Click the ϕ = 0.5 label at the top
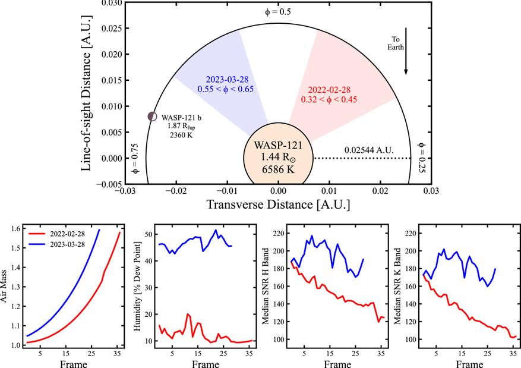277,11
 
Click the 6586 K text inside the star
278,168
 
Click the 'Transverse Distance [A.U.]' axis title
277,205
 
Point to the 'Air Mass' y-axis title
5,285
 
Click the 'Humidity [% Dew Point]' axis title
136,285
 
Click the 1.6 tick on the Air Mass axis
15,228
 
